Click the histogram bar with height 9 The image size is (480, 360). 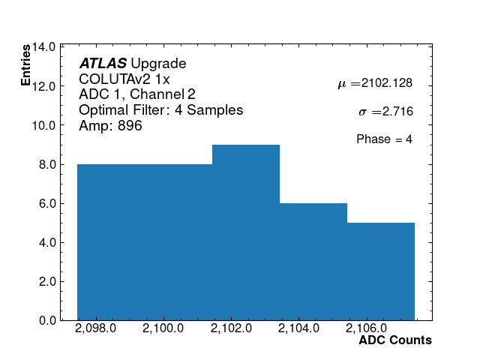[246, 232]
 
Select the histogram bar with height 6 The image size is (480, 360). [313, 262]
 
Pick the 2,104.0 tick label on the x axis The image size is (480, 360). [296, 328]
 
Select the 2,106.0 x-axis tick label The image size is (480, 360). [364, 328]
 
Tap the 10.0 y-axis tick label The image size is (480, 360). [43, 125]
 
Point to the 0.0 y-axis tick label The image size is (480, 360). [46, 321]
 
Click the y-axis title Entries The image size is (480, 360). [26, 64]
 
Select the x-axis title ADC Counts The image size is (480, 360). [395, 340]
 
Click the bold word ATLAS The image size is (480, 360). [103, 64]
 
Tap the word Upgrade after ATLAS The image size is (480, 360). [158, 64]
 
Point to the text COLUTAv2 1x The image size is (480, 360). [124, 79]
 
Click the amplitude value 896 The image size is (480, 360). [130, 126]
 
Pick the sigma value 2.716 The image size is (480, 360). [397, 112]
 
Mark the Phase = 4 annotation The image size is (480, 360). [384, 139]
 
